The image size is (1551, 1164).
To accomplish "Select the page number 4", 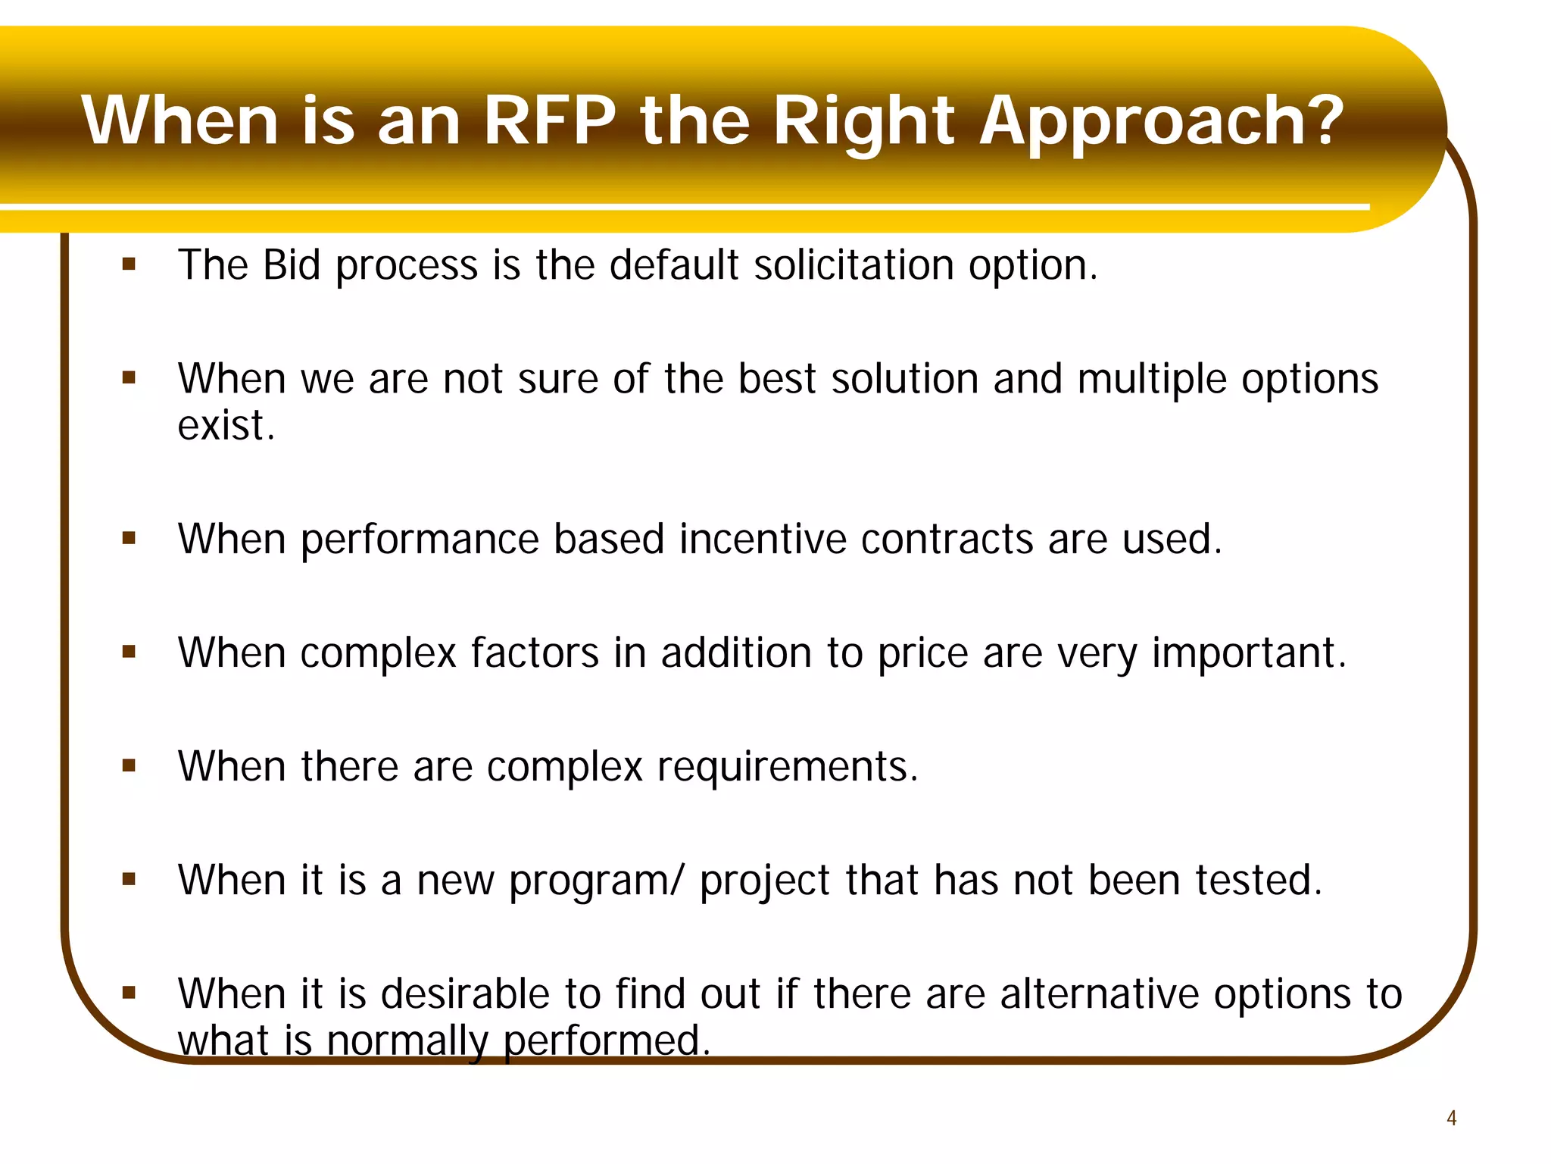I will pyautogui.click(x=1451, y=1118).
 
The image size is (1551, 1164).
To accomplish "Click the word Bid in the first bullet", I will pyautogui.click(x=292, y=265).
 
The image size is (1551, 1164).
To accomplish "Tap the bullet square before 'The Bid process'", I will pyautogui.click(x=129, y=264).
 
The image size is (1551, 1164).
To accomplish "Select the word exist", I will pyautogui.click(x=225, y=425).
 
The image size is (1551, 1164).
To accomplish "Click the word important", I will pyautogui.click(x=1248, y=653).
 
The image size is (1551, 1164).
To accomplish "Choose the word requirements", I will pyautogui.click(x=786, y=768).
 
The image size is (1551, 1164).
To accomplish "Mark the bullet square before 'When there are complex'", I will pyautogui.click(x=129, y=765).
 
